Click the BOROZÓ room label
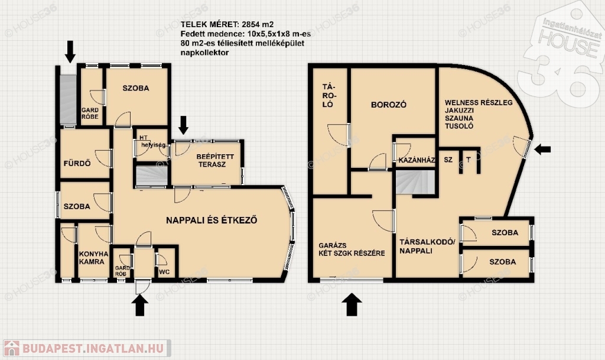tap(389, 105)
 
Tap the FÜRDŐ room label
tap(77, 164)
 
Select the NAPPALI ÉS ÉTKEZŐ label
tap(212, 220)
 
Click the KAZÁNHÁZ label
tap(417, 160)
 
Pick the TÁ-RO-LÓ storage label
tap(327, 95)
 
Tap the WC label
tap(164, 272)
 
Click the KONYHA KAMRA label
tap(94, 258)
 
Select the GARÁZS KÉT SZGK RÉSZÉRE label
tap(352, 249)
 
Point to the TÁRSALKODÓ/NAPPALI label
tap(427, 246)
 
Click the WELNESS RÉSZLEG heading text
tap(479, 103)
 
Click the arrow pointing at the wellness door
tap(542, 149)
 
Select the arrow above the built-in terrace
tap(183, 125)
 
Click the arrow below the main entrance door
tap(139, 305)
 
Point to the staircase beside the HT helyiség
tap(152, 176)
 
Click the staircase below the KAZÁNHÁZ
tap(415, 182)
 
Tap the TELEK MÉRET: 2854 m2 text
tap(227, 25)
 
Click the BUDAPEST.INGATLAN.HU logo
tap(87, 348)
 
